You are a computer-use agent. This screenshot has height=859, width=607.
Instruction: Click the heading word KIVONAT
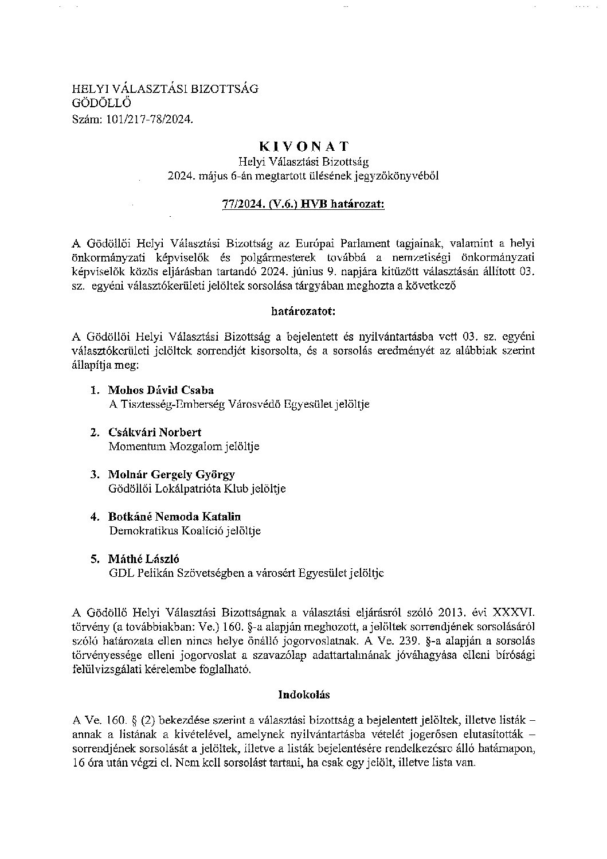point(303,147)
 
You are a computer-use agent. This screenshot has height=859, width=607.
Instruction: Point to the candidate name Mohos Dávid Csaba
point(161,391)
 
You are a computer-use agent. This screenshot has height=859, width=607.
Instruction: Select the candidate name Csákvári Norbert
point(155,432)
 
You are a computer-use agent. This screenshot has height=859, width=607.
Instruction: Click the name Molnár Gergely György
point(171,475)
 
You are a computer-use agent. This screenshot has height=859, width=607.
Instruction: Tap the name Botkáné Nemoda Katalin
point(174,517)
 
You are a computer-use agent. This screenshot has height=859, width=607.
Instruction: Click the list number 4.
point(95,517)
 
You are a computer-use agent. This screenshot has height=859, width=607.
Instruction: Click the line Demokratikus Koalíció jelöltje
point(185,531)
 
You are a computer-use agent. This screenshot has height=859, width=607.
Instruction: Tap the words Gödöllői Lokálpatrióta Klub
point(170,489)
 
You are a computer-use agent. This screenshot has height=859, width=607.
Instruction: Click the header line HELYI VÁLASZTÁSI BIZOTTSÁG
point(165,89)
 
